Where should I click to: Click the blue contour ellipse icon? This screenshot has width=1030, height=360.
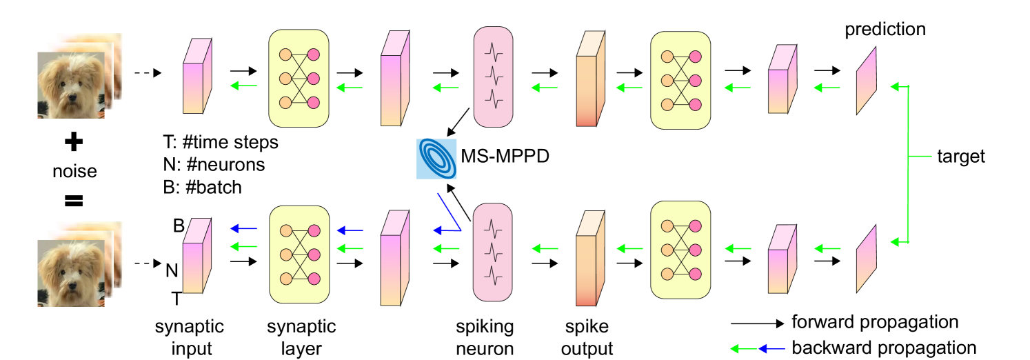click(x=436, y=159)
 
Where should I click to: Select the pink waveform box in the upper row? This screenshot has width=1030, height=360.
click(x=493, y=77)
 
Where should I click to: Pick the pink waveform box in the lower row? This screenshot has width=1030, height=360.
click(x=492, y=252)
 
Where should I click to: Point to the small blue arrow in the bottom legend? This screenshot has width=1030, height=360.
click(x=771, y=349)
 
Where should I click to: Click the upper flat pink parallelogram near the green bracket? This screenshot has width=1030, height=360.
click(x=866, y=81)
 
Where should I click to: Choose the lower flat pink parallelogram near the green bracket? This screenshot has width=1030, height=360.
click(x=866, y=259)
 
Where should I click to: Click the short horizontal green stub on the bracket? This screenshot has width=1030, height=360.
click(x=920, y=157)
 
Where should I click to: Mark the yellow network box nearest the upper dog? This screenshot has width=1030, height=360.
click(x=299, y=78)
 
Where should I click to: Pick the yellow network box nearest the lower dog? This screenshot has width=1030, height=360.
click(x=299, y=254)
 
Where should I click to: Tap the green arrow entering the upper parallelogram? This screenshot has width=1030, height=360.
click(x=899, y=87)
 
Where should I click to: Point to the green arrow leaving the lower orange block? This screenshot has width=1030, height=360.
click(x=545, y=248)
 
